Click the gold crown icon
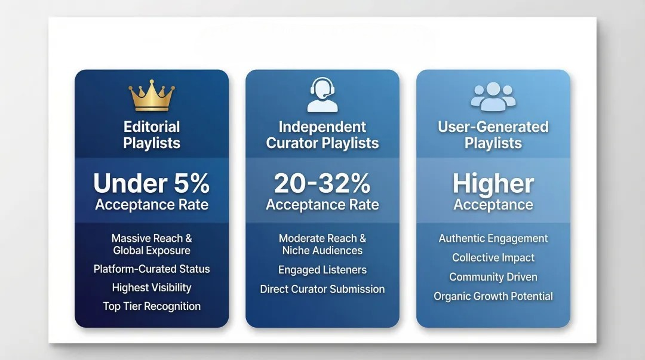pyautogui.click(x=152, y=96)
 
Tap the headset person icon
pyautogui.click(x=322, y=96)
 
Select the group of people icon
pyautogui.click(x=493, y=96)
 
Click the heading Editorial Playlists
pyautogui.click(x=152, y=135)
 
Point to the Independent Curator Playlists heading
pyautogui.click(x=322, y=135)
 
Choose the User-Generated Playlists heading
pyautogui.click(x=493, y=135)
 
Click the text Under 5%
pyautogui.click(x=152, y=183)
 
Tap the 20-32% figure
pyautogui.click(x=322, y=183)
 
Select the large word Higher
pyautogui.click(x=493, y=183)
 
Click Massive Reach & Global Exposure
pyautogui.click(x=152, y=244)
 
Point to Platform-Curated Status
pyautogui.click(x=152, y=269)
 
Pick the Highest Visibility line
pyautogui.click(x=152, y=288)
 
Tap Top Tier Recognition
pyautogui.click(x=152, y=306)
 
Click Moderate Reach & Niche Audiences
pyautogui.click(x=322, y=244)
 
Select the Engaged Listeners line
pyautogui.click(x=322, y=270)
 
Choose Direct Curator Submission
pyautogui.click(x=322, y=289)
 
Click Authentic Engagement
pyautogui.click(x=493, y=238)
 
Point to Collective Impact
pyautogui.click(x=493, y=258)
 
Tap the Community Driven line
pyautogui.click(x=493, y=277)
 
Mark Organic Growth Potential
pyautogui.click(x=493, y=296)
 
